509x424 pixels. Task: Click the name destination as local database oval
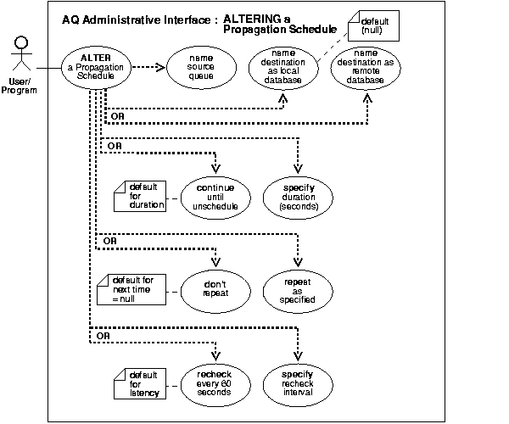(x=279, y=68)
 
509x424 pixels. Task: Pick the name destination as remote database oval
(x=366, y=68)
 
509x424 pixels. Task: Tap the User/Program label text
(x=20, y=86)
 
